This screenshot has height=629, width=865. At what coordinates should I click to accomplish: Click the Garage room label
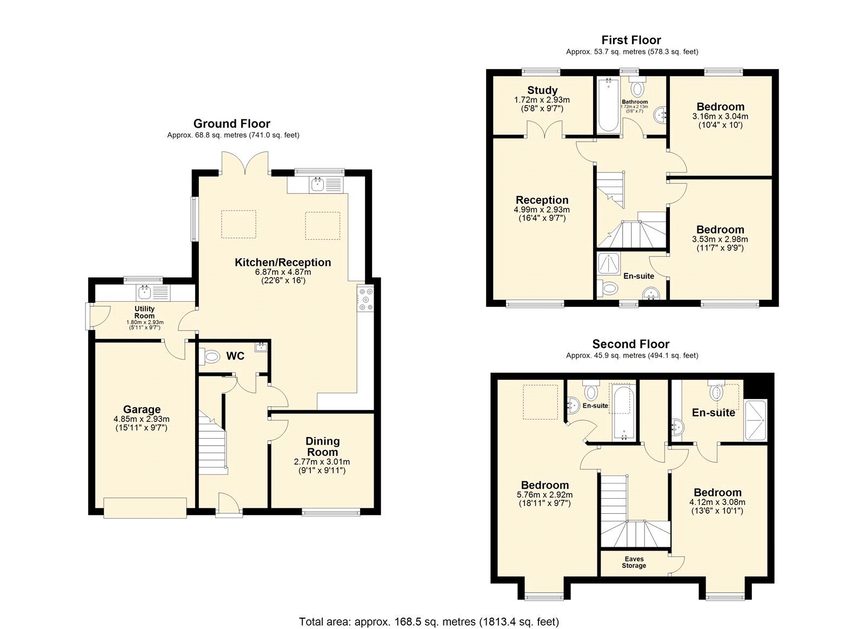coord(142,409)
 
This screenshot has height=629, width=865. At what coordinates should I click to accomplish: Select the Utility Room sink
coord(145,293)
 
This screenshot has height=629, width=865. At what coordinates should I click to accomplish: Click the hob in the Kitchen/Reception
coord(365,299)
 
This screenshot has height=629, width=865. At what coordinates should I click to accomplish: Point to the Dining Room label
coord(322,446)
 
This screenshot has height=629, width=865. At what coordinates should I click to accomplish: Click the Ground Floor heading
coord(232,124)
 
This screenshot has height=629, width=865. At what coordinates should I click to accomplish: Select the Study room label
coord(542,90)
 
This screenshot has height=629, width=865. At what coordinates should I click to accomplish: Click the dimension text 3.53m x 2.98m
coord(720,239)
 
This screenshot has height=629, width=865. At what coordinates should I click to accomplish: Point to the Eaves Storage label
coord(634,562)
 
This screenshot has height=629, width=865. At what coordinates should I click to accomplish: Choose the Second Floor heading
coord(630,344)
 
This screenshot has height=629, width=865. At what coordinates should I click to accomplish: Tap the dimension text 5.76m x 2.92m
coord(544,494)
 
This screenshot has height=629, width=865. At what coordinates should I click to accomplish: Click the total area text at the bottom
coord(429,622)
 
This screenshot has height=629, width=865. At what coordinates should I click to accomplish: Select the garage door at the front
coord(145,508)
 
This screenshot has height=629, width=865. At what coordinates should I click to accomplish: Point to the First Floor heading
coord(631,40)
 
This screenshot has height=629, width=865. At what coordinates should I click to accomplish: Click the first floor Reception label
coord(542,200)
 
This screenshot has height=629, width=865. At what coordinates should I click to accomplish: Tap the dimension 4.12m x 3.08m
coord(717,502)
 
